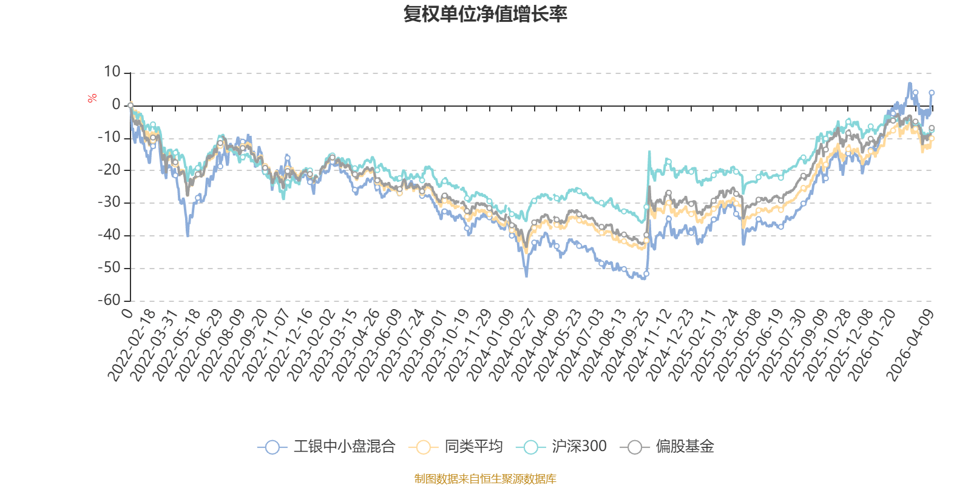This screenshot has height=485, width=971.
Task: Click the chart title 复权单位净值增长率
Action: pyautogui.click(x=485, y=15)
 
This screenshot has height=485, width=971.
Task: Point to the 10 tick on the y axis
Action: pyautogui.click(x=112, y=72)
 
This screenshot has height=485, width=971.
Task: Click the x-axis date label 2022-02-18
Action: pyautogui.click(x=133, y=346)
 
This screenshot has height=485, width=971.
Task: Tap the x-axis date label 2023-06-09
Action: pyautogui.click(x=380, y=346)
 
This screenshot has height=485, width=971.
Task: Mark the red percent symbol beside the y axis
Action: pyautogui.click(x=92, y=98)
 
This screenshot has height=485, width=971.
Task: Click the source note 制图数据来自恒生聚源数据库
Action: pyautogui.click(x=485, y=479)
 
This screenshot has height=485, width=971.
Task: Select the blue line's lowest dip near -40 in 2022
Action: pyautogui.click(x=188, y=235)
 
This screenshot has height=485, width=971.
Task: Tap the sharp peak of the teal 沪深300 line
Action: pyautogui.click(x=649, y=152)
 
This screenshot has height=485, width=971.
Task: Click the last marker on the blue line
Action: pyautogui.click(x=932, y=93)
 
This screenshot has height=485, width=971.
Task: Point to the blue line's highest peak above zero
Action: pyautogui.click(x=909, y=83)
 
